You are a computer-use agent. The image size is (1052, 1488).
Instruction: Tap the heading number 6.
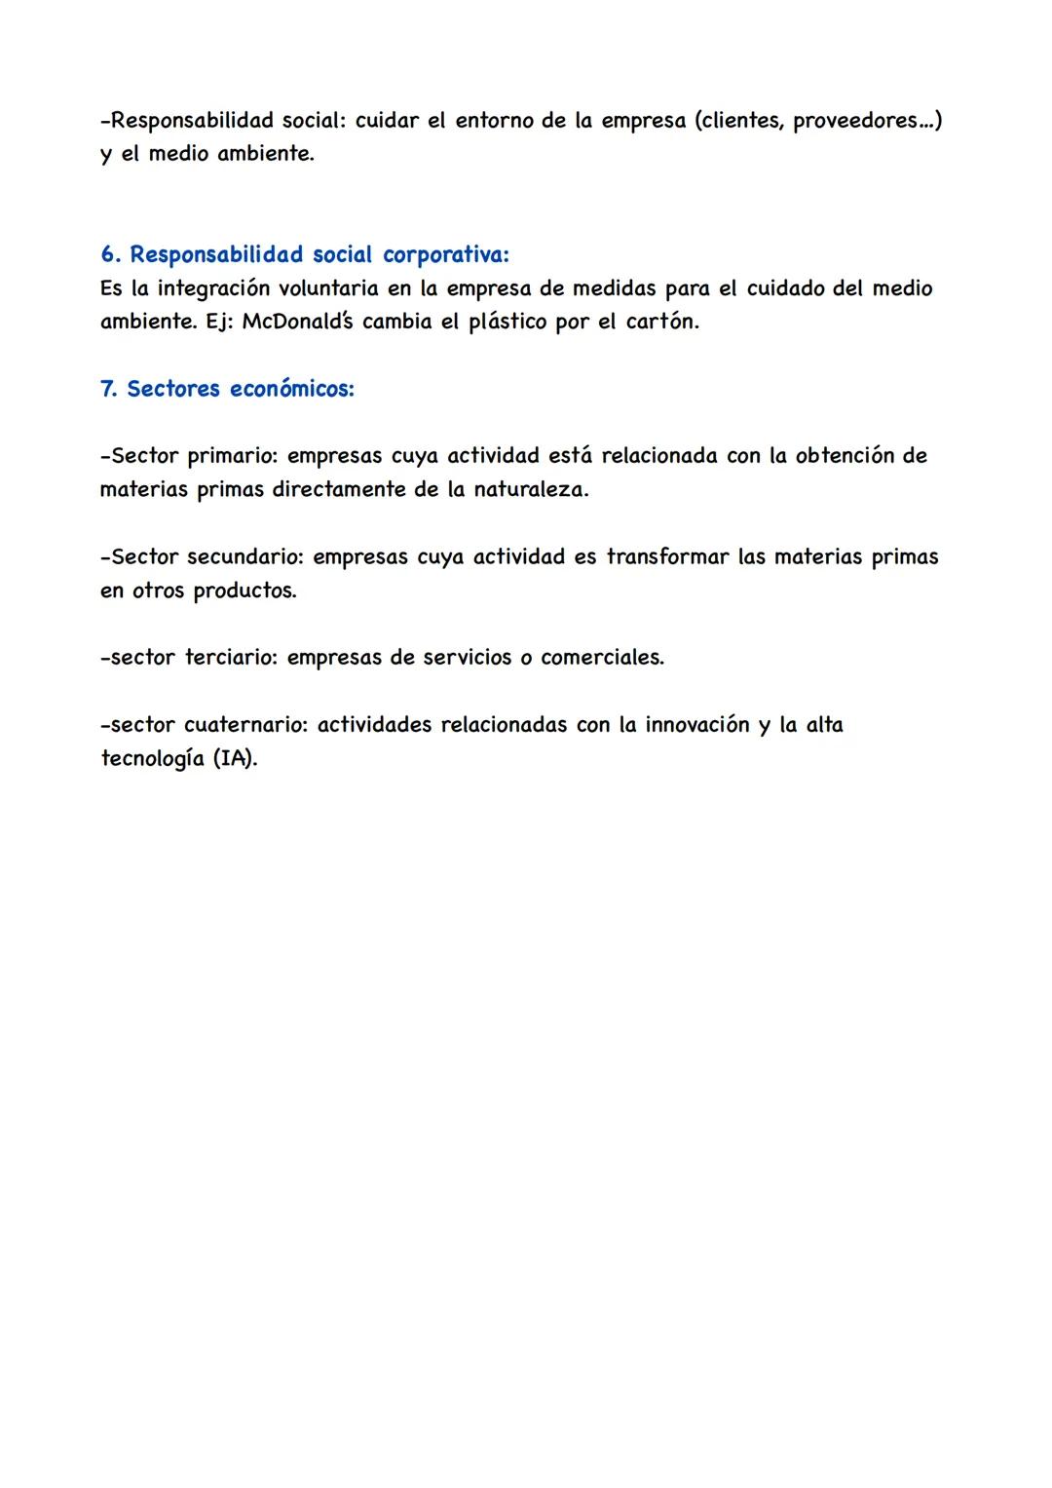click(109, 255)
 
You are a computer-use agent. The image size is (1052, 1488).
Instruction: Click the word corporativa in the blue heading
click(445, 255)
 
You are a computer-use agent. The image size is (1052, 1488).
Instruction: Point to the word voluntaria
click(333, 288)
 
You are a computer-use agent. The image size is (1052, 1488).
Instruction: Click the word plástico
click(507, 322)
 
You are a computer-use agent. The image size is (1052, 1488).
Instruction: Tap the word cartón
click(661, 322)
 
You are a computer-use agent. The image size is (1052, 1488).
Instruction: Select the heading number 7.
click(108, 389)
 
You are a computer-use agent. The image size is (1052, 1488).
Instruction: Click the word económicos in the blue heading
click(292, 389)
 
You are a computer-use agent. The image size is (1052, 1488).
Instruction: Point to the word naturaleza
click(531, 489)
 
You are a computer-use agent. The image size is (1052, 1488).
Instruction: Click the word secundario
click(245, 557)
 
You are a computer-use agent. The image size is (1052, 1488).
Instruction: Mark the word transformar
click(667, 557)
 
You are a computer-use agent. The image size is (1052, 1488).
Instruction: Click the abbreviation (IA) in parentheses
click(235, 758)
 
